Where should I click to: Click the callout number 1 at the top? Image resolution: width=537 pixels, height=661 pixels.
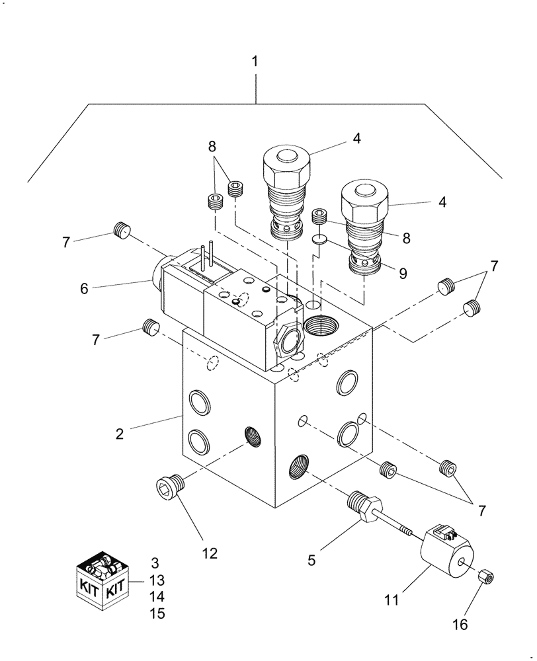click(255, 61)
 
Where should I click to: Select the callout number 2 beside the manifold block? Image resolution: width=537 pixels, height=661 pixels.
click(119, 434)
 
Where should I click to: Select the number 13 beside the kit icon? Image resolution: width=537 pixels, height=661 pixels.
click(157, 580)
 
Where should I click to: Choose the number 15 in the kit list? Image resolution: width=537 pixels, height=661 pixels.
click(157, 613)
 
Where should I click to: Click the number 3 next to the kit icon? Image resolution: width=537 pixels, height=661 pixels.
click(155, 564)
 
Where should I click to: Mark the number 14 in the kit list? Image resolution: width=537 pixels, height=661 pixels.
click(157, 597)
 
